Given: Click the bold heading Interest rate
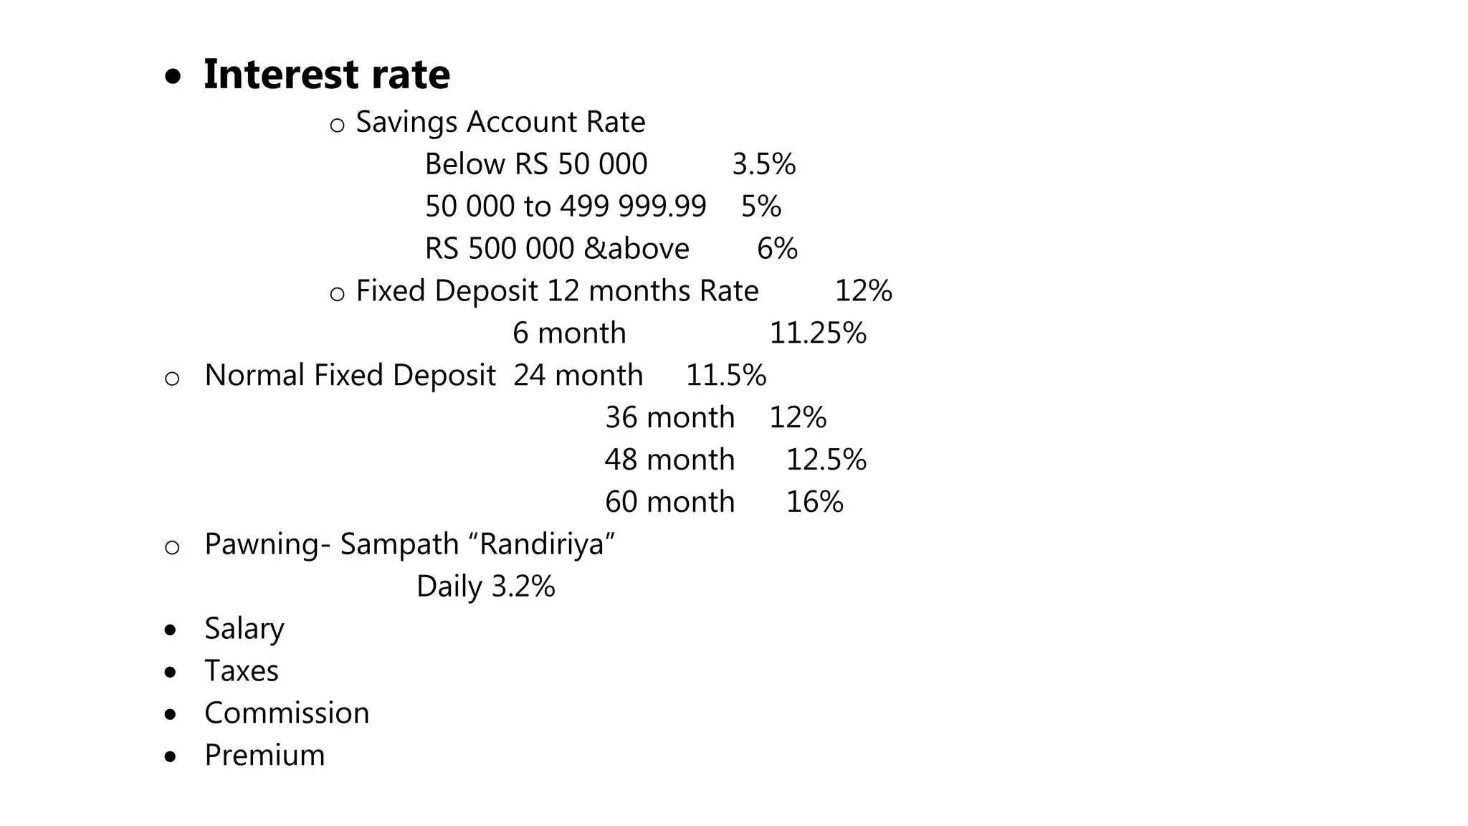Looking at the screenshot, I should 326,75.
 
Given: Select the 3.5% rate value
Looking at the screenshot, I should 763,164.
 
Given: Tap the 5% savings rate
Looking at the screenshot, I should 761,206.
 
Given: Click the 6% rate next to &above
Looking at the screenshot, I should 777,249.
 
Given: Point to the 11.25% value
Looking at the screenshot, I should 818,333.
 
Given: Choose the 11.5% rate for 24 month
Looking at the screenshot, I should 725,376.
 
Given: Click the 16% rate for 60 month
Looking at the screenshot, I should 814,502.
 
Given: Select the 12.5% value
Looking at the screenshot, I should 826,460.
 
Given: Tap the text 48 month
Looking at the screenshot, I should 669,460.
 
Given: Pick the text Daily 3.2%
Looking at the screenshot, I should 485,587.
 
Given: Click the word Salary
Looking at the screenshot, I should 244,629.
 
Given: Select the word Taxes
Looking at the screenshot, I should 242,671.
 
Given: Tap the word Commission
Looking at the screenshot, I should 287,713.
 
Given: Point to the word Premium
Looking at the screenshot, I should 264,756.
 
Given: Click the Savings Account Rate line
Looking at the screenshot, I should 500,122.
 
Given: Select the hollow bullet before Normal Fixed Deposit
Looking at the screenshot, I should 172,379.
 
